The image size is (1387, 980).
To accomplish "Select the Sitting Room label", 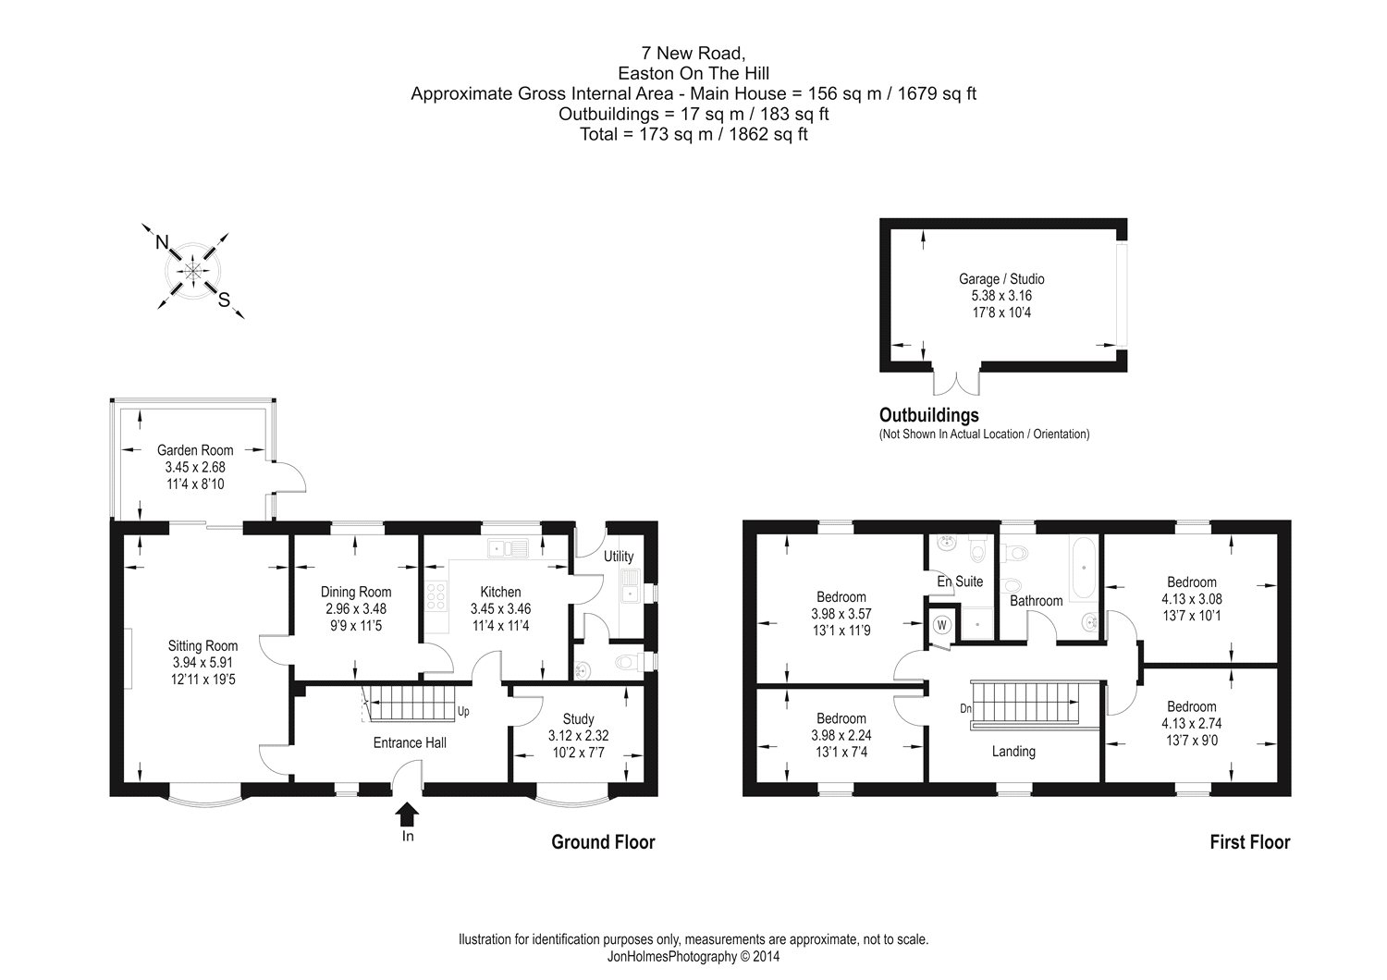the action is point(203,646).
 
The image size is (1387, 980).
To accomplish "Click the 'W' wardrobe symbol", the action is point(941,624).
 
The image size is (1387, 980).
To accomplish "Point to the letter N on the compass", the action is point(162,242).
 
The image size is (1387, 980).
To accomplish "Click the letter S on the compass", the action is point(223,299).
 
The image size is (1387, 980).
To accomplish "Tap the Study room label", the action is point(579,719).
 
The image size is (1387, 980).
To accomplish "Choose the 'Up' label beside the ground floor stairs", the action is point(463,713).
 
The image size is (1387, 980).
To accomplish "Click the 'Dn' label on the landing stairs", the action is point(965,710).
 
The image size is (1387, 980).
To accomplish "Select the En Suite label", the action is point(960,582).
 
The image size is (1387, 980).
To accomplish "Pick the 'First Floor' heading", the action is point(1250,842).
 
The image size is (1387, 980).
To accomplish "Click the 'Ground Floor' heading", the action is point(603,842).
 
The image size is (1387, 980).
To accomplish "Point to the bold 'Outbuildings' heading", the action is point(928,416).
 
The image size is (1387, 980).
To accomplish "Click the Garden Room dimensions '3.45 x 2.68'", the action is point(195,467).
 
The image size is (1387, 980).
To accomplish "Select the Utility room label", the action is point(619,557).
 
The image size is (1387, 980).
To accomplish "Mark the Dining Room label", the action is point(356,592).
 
